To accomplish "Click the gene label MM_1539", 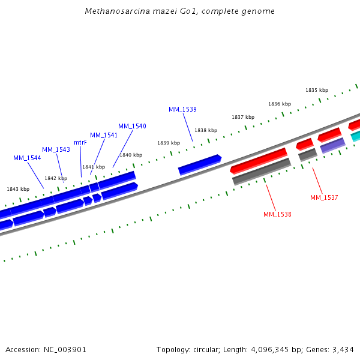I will click(182, 109).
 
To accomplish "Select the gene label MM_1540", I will click(132, 126).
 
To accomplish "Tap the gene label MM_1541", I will click(104, 135).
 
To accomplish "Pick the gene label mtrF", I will click(80, 142).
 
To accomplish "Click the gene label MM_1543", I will click(56, 149).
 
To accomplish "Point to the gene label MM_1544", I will click(27, 158).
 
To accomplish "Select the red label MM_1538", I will click(277, 214).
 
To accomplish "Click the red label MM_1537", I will click(324, 197).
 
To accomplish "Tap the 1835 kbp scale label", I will click(317, 90).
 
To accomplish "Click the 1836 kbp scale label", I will click(280, 104).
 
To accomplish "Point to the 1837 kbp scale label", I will click(243, 117).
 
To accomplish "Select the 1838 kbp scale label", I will click(206, 130).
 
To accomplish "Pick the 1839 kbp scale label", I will click(169, 143).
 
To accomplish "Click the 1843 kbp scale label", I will click(18, 189).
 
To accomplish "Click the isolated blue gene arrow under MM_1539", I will click(200, 164).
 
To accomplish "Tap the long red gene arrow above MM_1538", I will click(259, 160).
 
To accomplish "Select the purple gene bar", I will click(332, 145).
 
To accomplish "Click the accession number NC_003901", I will click(64, 349).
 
